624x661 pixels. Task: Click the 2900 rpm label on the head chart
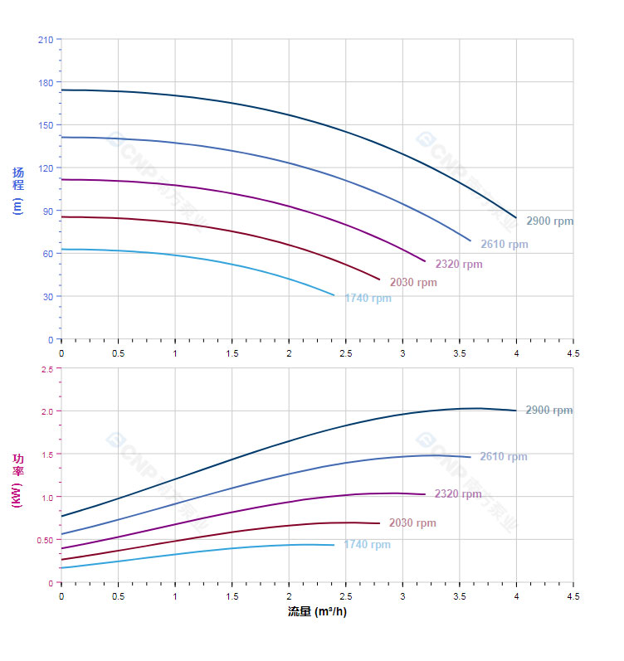tap(549, 221)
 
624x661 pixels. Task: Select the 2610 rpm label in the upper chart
tap(504, 245)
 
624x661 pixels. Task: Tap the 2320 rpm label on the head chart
tap(458, 265)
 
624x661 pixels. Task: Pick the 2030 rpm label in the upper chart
tap(413, 283)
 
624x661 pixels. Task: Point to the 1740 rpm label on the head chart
tap(368, 299)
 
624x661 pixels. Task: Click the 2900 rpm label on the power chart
tap(548, 411)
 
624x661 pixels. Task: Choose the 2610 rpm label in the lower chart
tap(503, 457)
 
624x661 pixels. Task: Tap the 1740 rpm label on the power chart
tap(367, 545)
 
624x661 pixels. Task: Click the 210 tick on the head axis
tap(45, 39)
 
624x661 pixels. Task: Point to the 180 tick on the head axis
tap(45, 82)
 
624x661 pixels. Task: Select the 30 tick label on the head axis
tap(47, 296)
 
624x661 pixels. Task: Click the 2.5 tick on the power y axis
tap(46, 368)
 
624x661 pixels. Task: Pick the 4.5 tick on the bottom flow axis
tap(573, 596)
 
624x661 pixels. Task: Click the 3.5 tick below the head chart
tap(459, 352)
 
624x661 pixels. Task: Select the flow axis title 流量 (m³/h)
tap(317, 612)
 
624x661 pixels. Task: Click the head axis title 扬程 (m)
tap(18, 190)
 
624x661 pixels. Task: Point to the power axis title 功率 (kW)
tap(18, 480)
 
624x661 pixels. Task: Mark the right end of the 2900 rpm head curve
tap(516, 218)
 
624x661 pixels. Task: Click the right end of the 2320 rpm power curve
tap(425, 494)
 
